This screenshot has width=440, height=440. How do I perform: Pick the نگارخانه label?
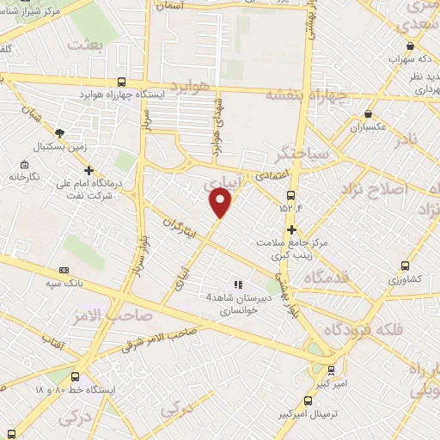click(x=25, y=176)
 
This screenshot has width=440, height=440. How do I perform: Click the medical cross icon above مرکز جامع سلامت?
click(x=292, y=229)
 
